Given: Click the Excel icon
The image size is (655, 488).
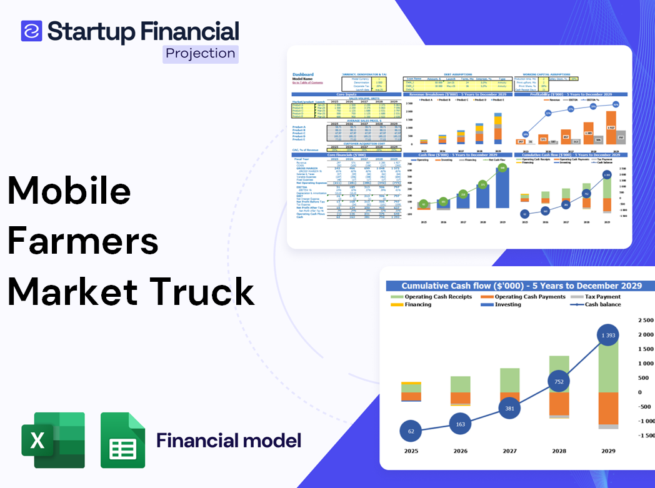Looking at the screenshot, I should [x=53, y=441].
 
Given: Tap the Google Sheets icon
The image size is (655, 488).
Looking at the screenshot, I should [x=123, y=441].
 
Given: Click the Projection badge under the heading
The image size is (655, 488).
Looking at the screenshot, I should [x=201, y=53].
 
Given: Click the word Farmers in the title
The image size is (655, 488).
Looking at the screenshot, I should [x=83, y=241].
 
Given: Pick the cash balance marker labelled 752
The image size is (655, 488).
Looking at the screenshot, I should [x=559, y=382].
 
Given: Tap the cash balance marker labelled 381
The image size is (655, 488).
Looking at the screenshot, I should [x=510, y=409].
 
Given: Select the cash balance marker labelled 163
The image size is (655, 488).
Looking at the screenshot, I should [x=461, y=424].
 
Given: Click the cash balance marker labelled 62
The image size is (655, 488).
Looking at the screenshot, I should [x=411, y=431].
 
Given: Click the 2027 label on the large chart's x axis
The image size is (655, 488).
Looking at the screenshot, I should [x=510, y=451].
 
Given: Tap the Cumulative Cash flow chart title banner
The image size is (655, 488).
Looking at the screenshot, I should [x=521, y=286].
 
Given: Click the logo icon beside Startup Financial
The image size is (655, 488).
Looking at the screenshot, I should [x=31, y=31].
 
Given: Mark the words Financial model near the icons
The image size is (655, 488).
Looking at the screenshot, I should [x=229, y=441].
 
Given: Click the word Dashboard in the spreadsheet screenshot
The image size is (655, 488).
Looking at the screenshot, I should [x=303, y=74].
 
